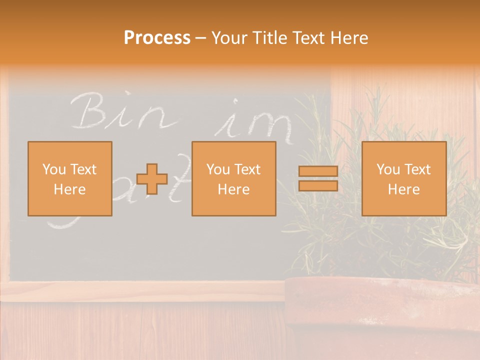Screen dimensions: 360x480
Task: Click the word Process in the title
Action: click(x=157, y=38)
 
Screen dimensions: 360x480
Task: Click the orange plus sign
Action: click(x=152, y=179)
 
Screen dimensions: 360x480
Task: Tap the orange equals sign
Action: click(x=318, y=178)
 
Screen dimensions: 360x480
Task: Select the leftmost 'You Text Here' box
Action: click(x=70, y=179)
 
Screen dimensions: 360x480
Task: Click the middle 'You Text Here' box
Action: click(x=233, y=179)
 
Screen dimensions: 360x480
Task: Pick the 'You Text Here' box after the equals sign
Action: click(x=403, y=179)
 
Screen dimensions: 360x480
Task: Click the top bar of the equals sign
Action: click(x=318, y=171)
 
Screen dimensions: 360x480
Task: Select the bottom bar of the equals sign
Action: click(x=318, y=185)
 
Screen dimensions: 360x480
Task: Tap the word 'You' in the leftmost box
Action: click(x=54, y=169)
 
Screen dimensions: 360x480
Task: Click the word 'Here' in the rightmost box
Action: click(x=403, y=189)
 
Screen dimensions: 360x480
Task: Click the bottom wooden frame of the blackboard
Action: click(x=145, y=291)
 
